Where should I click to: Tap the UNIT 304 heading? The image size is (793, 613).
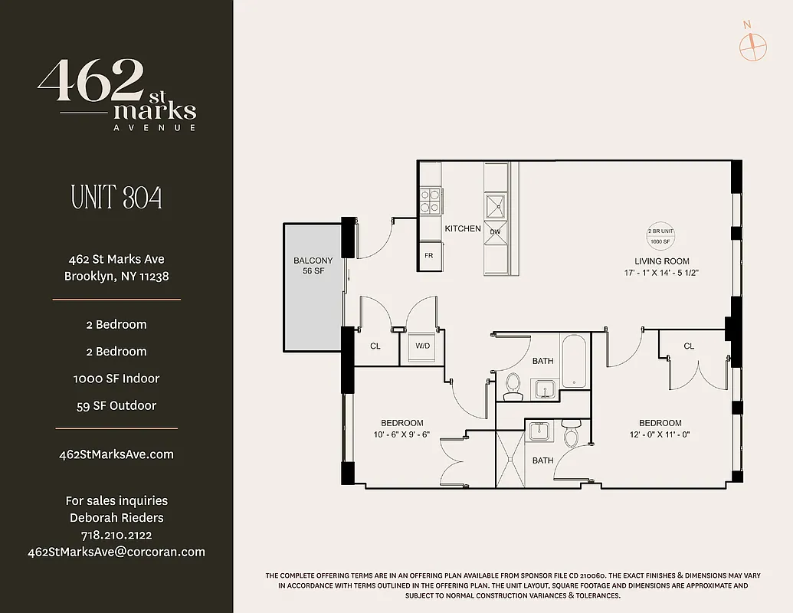116,198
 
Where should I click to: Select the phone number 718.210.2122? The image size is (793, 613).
116,535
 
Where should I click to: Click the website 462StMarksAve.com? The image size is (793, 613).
116,454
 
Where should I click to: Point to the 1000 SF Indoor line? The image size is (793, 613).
116,379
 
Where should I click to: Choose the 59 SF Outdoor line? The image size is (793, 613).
116,405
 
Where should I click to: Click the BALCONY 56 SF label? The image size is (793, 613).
313,266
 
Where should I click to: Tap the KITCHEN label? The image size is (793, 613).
463,228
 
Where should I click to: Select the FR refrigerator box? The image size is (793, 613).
429,256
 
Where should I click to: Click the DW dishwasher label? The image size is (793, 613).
495,231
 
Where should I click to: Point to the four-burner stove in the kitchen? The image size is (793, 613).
429,201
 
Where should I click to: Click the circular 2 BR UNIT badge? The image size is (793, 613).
659,236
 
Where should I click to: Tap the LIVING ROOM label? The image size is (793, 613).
657,261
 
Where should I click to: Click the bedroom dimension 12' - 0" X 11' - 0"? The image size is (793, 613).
660,434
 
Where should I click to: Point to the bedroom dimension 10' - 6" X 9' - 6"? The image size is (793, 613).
402,434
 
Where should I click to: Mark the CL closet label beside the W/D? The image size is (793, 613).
375,346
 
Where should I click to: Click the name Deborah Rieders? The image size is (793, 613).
116,518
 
